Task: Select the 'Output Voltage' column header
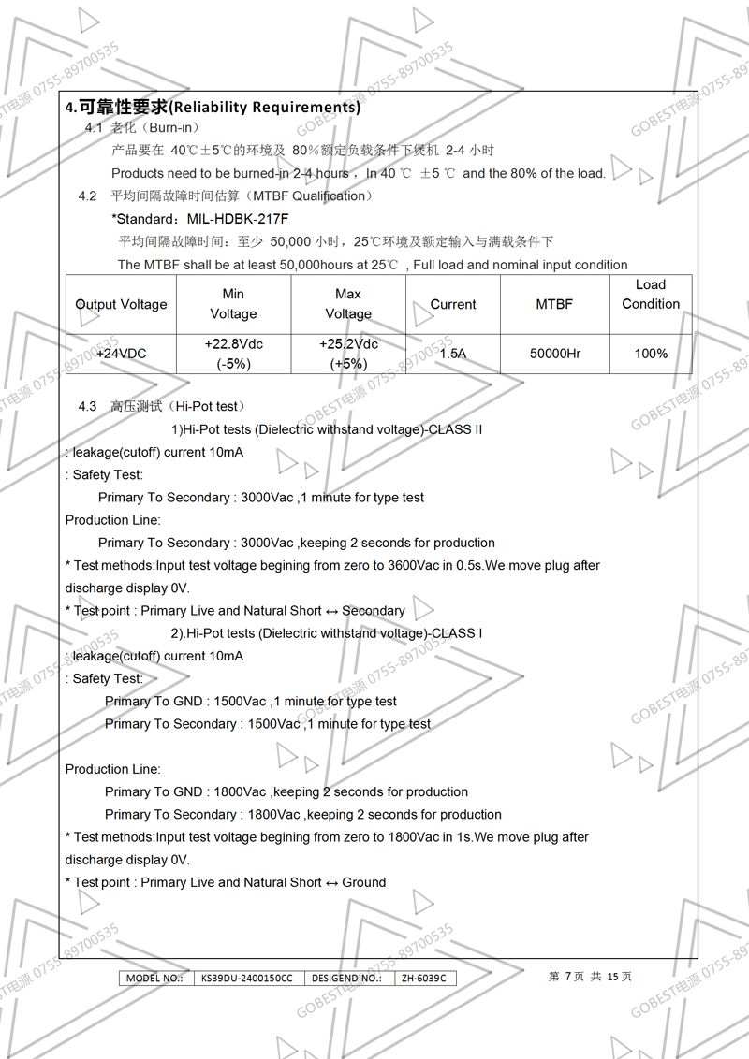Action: [122, 304]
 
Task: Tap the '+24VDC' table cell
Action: [122, 354]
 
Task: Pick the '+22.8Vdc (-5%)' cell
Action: [233, 354]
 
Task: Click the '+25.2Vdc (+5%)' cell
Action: [348, 354]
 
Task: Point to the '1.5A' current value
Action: [453, 354]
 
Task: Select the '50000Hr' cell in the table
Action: [555, 354]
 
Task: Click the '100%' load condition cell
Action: [651, 354]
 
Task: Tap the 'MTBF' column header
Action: [554, 304]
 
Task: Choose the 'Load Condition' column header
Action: [651, 294]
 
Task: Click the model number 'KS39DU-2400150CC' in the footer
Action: [247, 979]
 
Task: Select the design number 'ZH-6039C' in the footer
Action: [423, 979]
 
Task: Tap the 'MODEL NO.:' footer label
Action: [154, 979]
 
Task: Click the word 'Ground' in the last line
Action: [364, 882]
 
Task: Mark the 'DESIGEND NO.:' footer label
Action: [345, 979]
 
